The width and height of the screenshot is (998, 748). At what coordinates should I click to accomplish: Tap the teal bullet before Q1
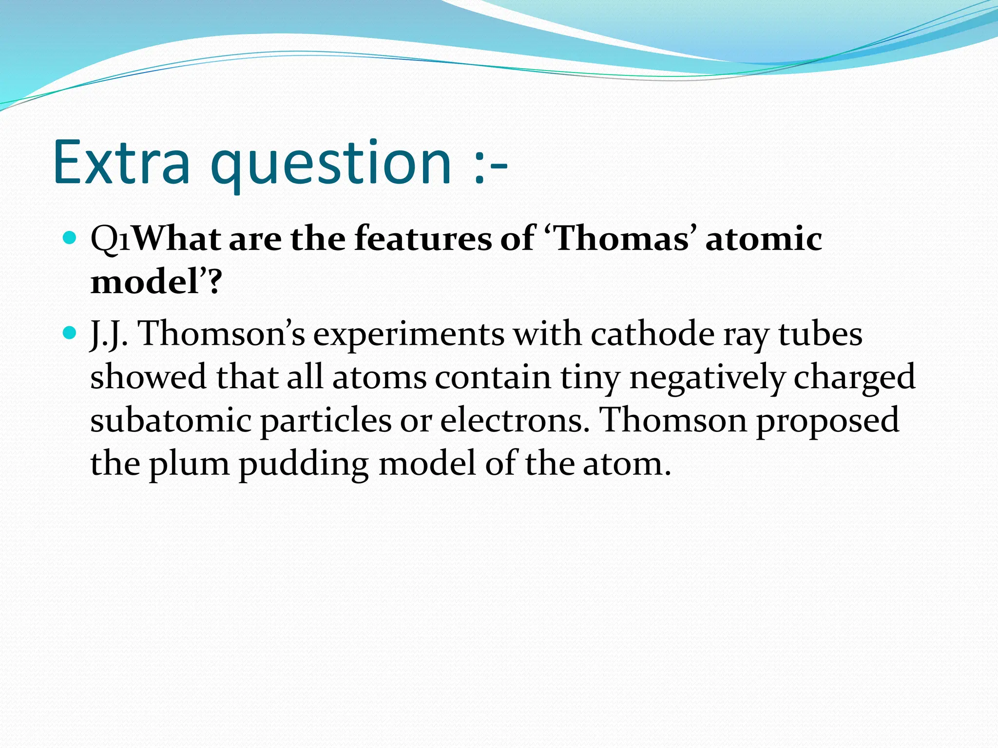[x=71, y=239]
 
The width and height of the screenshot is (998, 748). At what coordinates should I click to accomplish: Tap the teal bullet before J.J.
[x=71, y=334]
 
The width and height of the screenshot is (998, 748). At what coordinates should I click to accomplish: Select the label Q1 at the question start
[x=111, y=240]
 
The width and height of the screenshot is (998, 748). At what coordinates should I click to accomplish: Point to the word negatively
[x=707, y=378]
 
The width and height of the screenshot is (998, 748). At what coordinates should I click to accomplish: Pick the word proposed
[x=827, y=422]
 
